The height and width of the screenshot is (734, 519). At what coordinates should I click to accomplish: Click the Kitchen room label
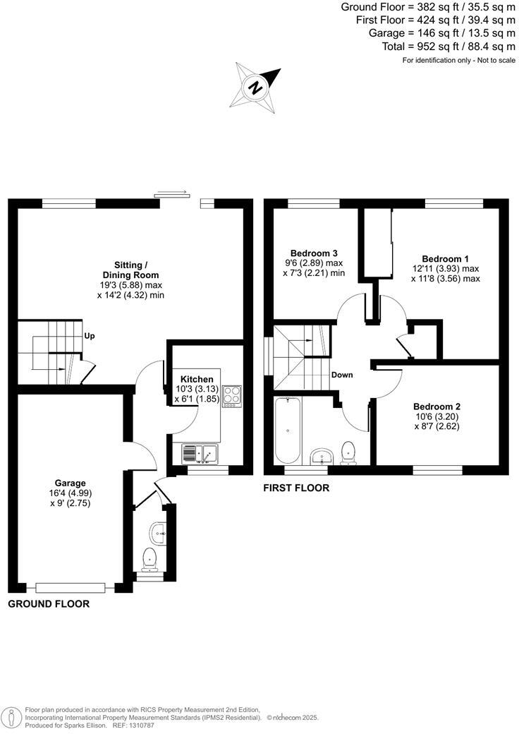tap(197, 379)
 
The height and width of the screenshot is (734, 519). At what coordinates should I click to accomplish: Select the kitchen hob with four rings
tap(231, 396)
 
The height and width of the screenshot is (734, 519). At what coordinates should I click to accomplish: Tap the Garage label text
tap(70, 483)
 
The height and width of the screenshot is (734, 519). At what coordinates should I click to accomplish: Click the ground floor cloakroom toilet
tap(149, 560)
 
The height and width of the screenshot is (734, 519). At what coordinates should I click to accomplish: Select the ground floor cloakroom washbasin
tap(157, 532)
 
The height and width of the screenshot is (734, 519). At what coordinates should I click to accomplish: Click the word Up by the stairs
tap(90, 336)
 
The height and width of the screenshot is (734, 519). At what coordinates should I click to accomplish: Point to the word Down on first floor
tap(342, 375)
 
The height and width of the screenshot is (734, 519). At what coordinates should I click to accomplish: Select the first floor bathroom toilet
tap(348, 452)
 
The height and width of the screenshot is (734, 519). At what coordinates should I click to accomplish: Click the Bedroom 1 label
tap(446, 258)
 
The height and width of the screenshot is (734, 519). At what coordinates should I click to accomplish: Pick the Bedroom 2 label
tap(436, 407)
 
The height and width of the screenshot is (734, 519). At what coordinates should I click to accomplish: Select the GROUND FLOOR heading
tap(49, 604)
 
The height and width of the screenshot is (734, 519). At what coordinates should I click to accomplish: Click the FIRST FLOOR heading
tap(295, 488)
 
